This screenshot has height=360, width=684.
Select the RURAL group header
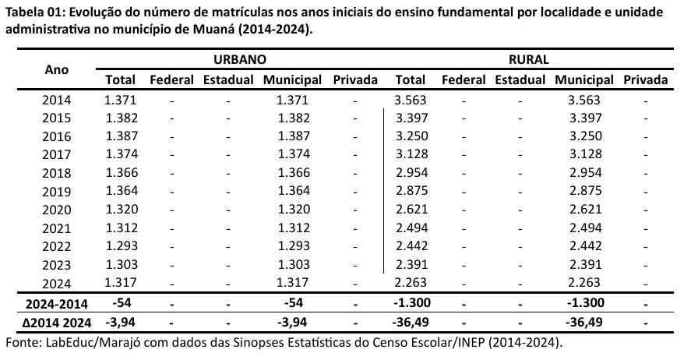click(530, 59)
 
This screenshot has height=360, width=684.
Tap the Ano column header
click(57, 69)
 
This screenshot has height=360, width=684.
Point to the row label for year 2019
click(57, 191)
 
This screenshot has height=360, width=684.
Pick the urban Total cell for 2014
click(121, 100)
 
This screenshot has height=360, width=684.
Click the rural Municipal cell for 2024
click(584, 282)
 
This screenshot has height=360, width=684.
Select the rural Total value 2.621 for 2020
click(411, 209)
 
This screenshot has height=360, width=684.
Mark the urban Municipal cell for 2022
click(292, 245)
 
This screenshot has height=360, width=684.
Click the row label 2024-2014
click(57, 302)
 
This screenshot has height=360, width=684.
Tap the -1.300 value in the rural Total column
click(410, 302)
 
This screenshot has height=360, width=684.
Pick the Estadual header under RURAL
click(520, 79)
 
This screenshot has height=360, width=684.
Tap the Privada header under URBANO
click(354, 79)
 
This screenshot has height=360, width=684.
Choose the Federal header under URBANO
click(171, 79)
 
